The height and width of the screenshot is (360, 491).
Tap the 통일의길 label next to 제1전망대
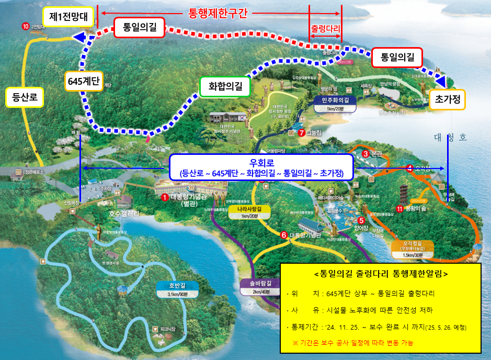pos(139,27)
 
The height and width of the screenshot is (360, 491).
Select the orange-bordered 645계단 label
pos(84,82)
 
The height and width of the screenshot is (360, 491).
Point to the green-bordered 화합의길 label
pos(225,87)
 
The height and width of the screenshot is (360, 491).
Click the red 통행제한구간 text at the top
pos(218,14)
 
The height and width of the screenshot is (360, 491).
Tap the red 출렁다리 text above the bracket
pos(325,27)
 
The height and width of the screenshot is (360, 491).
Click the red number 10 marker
pos(26,26)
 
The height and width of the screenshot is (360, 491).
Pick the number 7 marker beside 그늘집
pos(301,133)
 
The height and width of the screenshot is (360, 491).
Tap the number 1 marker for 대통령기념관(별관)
pos(165,197)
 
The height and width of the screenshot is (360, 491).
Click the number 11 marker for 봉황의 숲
pos(399,209)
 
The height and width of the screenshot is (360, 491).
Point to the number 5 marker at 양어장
pos(361,220)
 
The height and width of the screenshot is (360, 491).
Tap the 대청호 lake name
pos(449,138)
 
